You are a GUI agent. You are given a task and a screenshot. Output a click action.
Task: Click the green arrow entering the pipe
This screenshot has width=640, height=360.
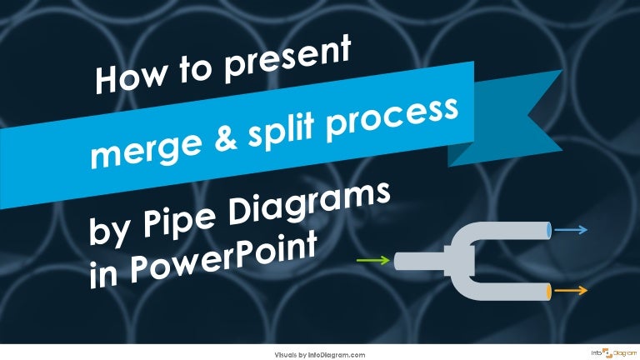[373, 261]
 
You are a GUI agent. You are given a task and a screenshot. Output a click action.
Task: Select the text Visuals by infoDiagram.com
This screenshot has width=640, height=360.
[320, 354]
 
